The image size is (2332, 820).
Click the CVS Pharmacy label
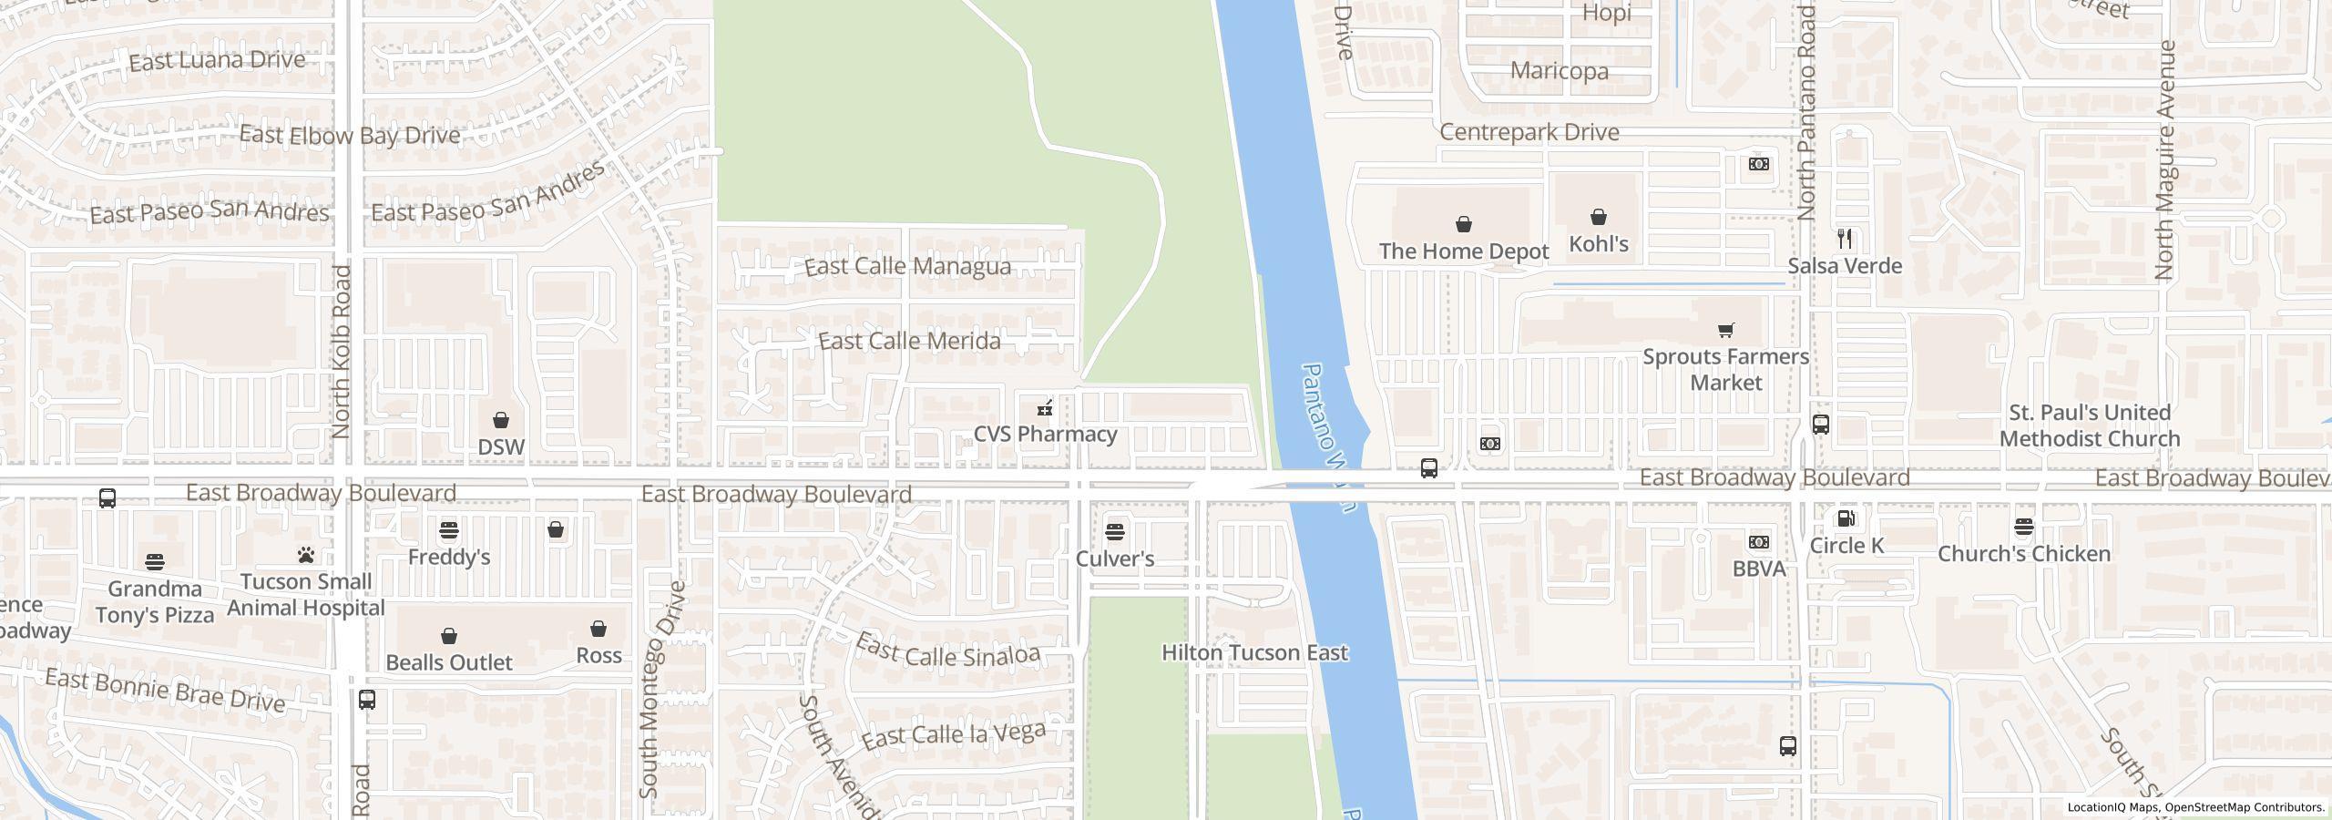point(1045,434)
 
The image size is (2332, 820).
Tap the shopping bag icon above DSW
point(500,420)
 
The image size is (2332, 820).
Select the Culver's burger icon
point(1115,531)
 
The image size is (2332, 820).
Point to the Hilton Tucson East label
point(1254,652)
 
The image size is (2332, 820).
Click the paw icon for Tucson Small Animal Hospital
point(305,555)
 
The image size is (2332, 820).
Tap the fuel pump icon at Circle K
point(1846,519)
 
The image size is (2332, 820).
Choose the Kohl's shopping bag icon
point(1598,217)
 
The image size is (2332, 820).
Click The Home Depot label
point(1463,251)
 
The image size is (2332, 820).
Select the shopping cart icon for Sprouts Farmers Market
point(1725,330)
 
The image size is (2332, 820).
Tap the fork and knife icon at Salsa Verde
point(1845,239)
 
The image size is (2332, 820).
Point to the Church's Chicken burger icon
point(2023,527)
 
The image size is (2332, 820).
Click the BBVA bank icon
point(1758,542)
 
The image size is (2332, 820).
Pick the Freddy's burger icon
point(448,530)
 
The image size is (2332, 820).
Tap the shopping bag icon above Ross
point(598,629)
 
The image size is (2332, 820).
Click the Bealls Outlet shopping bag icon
point(448,635)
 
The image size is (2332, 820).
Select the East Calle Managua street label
point(907,266)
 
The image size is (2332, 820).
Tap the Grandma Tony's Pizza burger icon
point(154,561)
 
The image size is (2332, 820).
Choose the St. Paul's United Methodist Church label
point(2089,425)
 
